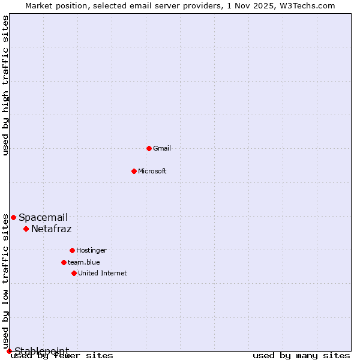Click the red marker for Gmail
tap(149, 148)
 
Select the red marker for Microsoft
tap(134, 171)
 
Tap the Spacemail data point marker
tap(13, 217)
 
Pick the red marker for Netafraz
tap(26, 229)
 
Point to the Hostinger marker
tap(72, 250)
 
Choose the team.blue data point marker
tap(64, 262)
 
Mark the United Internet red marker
tap(74, 273)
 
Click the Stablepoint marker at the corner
tap(9, 351)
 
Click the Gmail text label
tap(162, 148)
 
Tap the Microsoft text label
tap(152, 171)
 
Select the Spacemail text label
tap(43, 217)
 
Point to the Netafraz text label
tap(52, 229)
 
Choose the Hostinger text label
tap(92, 250)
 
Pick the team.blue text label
tap(84, 262)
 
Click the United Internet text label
tap(103, 273)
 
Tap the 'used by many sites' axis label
tap(301, 356)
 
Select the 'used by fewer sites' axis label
tap(62, 356)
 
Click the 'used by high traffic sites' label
tap(6, 85)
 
